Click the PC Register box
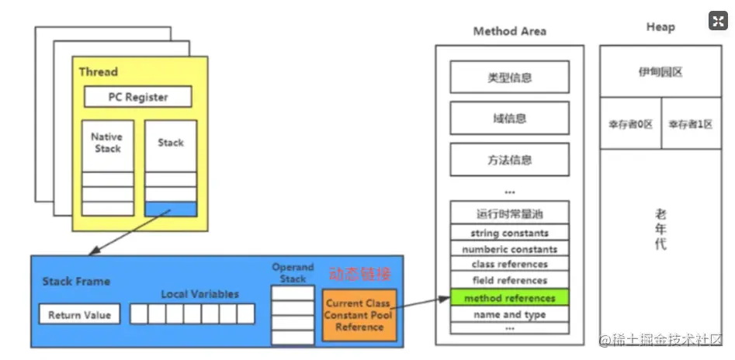click(137, 97)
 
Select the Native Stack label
click(107, 143)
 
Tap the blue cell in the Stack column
click(171, 209)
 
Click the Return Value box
click(79, 314)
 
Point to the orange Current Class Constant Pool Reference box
click(359, 315)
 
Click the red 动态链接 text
click(360, 274)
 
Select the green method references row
click(509, 298)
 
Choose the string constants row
click(509, 233)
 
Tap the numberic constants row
click(509, 249)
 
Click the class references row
click(509, 265)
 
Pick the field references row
click(509, 281)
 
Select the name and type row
click(509, 314)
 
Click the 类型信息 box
click(509, 78)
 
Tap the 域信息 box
click(509, 119)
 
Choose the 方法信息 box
click(509, 160)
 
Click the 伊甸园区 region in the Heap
click(660, 71)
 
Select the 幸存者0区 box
click(630, 123)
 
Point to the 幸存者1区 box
click(691, 123)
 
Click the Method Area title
click(509, 31)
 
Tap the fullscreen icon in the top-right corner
click(717, 21)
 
